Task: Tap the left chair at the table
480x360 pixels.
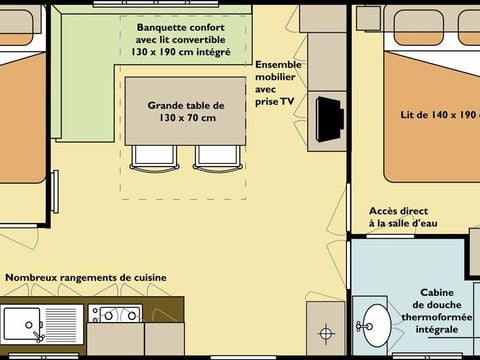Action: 150,155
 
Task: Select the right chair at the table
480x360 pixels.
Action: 215,155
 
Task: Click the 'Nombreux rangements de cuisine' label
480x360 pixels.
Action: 86,277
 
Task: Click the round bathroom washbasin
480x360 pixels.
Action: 377,323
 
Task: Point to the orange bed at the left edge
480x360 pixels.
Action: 22,115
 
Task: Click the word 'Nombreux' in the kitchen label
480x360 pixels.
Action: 30,277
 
